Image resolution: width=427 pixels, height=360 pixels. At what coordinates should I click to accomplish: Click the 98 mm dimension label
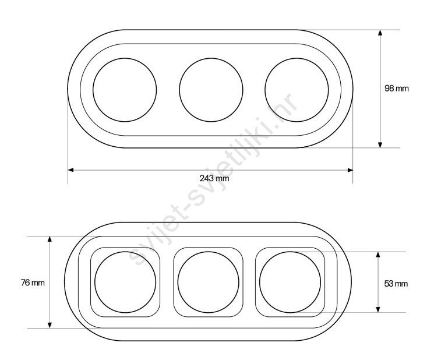click(x=397, y=88)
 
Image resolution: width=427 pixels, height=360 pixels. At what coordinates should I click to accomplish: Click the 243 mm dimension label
click(x=214, y=178)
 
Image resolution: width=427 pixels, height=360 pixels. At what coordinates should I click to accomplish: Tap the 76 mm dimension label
click(x=33, y=283)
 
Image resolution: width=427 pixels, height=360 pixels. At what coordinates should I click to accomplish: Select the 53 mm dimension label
click(x=396, y=284)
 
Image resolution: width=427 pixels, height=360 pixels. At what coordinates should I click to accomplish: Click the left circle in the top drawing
click(x=93, y=90)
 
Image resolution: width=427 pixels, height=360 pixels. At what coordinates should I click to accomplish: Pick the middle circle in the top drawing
click(x=179, y=90)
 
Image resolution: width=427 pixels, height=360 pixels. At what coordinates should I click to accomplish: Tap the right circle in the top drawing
click(x=265, y=90)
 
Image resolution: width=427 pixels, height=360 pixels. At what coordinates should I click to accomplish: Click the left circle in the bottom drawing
click(x=95, y=282)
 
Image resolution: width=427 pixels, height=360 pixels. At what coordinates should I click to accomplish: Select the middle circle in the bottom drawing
click(x=178, y=282)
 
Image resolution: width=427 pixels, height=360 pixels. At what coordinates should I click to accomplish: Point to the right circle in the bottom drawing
click(x=260, y=282)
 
